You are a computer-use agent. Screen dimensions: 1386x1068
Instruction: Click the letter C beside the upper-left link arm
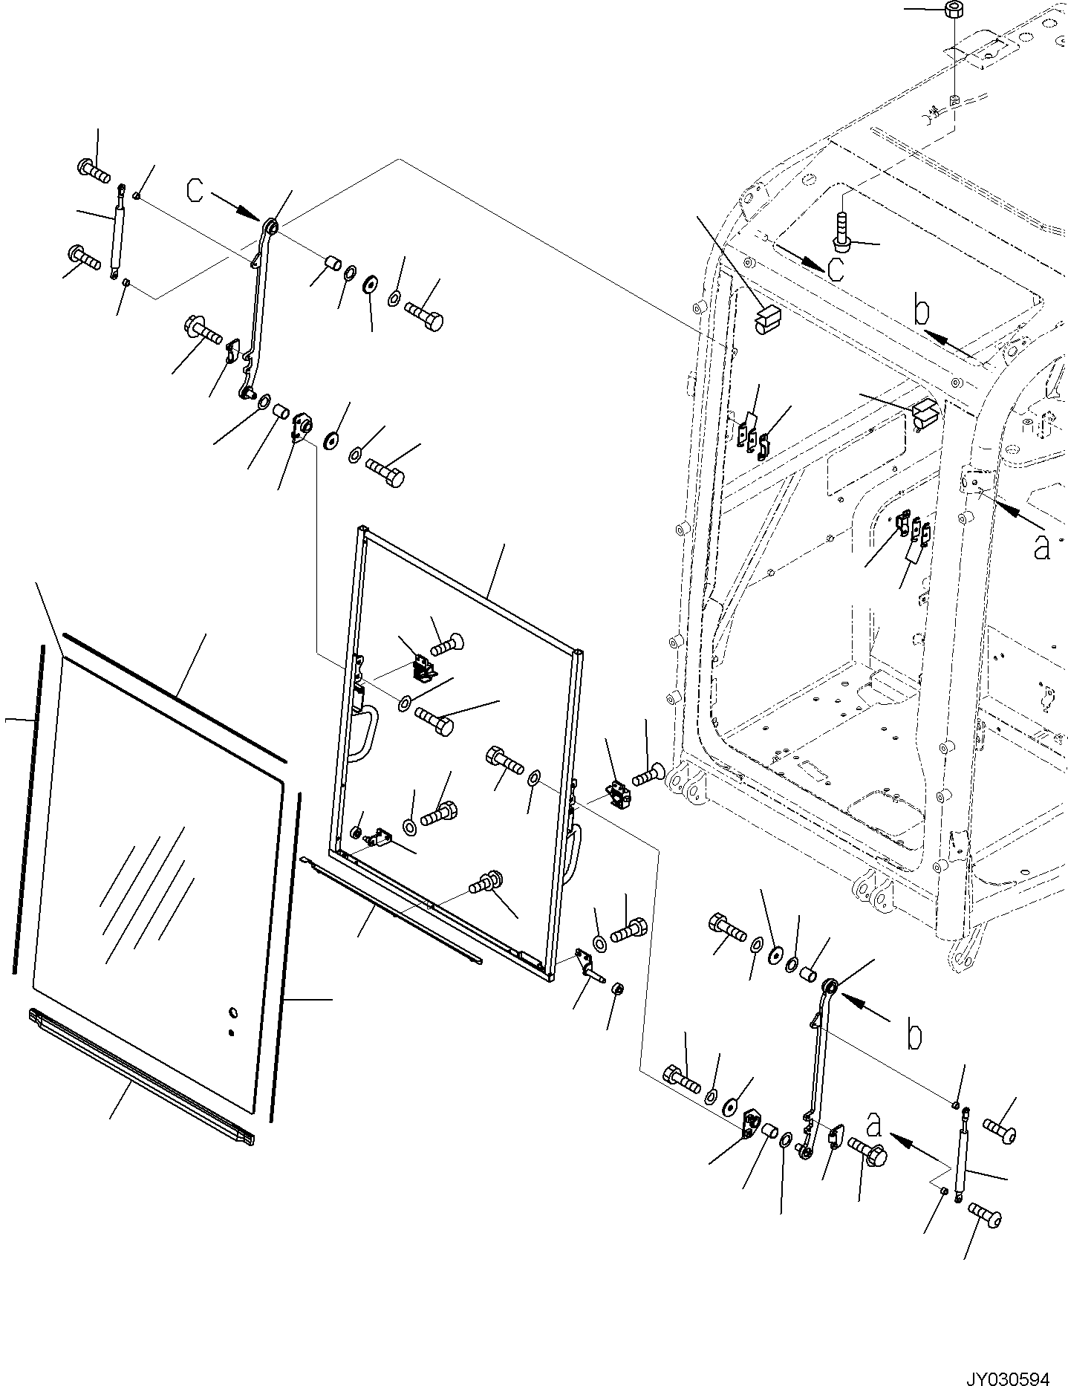(x=195, y=191)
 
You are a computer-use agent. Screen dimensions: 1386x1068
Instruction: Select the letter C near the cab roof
(x=835, y=269)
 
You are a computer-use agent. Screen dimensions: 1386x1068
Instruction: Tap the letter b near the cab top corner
(x=921, y=312)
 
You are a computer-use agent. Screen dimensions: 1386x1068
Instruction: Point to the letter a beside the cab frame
(x=1042, y=547)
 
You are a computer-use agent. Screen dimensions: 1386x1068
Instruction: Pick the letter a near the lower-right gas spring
(x=874, y=1145)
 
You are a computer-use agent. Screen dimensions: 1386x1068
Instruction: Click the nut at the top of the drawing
(x=954, y=10)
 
